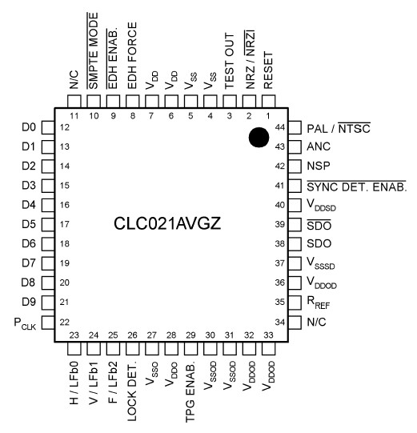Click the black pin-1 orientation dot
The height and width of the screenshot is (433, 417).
click(x=258, y=138)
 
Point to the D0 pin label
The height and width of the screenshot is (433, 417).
click(x=28, y=127)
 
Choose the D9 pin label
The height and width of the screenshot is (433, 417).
click(x=28, y=303)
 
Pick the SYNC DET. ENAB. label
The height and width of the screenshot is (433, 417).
click(x=356, y=186)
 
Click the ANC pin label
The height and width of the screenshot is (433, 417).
click(x=318, y=146)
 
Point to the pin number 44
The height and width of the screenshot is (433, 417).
click(x=280, y=127)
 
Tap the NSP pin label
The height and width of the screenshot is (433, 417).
click(x=318, y=166)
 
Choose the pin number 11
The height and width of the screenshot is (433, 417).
click(x=73, y=116)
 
